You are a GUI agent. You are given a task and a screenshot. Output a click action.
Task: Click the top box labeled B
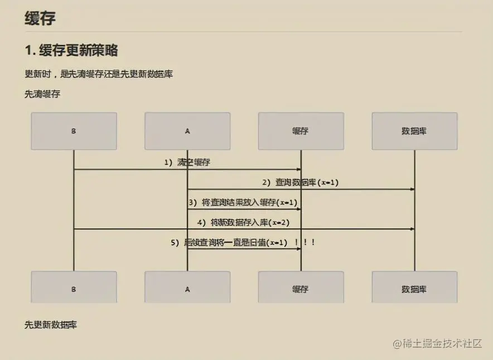(x=74, y=131)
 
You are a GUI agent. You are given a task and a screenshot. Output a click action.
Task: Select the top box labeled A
(x=187, y=131)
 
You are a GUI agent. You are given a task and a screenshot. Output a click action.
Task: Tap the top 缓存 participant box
(x=301, y=131)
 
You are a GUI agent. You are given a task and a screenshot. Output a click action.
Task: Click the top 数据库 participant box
(x=414, y=131)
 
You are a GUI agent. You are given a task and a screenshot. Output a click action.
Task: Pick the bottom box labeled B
(x=74, y=289)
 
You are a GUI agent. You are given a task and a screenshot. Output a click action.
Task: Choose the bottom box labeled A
(x=187, y=289)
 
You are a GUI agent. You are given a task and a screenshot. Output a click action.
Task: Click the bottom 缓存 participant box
(x=301, y=289)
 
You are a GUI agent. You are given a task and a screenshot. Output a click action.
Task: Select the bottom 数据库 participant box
(x=414, y=289)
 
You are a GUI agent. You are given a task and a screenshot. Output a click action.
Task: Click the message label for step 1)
(x=187, y=163)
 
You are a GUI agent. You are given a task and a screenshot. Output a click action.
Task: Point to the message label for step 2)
(x=301, y=182)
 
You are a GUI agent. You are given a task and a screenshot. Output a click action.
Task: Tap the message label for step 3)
(x=243, y=202)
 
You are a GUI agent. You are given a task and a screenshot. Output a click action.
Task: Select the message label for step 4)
(x=243, y=222)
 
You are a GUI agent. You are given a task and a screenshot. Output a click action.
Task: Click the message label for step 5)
(x=229, y=242)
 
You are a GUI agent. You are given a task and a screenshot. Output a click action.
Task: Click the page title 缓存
(x=40, y=18)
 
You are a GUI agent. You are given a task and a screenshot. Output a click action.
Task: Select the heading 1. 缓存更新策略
(x=71, y=50)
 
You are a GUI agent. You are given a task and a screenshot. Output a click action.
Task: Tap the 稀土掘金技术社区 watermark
(x=437, y=344)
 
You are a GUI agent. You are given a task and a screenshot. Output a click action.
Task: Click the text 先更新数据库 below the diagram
(x=51, y=324)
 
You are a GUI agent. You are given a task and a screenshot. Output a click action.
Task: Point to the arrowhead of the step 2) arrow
(x=412, y=189)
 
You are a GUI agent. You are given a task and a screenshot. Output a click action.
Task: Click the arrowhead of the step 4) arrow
(x=412, y=229)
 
